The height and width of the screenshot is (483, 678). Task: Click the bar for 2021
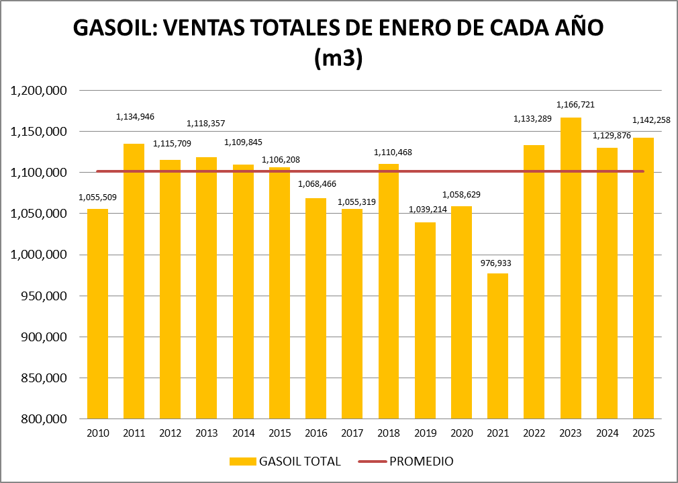[x=497, y=346]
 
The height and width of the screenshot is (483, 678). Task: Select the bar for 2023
[x=571, y=269]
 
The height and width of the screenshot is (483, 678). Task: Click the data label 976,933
[x=497, y=263]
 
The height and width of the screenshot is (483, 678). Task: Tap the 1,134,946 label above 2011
[x=135, y=117]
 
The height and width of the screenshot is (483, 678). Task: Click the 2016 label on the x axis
[x=316, y=433]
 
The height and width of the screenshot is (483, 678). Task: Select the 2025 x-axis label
[x=643, y=433]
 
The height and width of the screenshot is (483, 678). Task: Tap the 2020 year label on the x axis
[x=461, y=433]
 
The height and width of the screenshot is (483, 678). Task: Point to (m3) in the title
[x=338, y=58]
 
